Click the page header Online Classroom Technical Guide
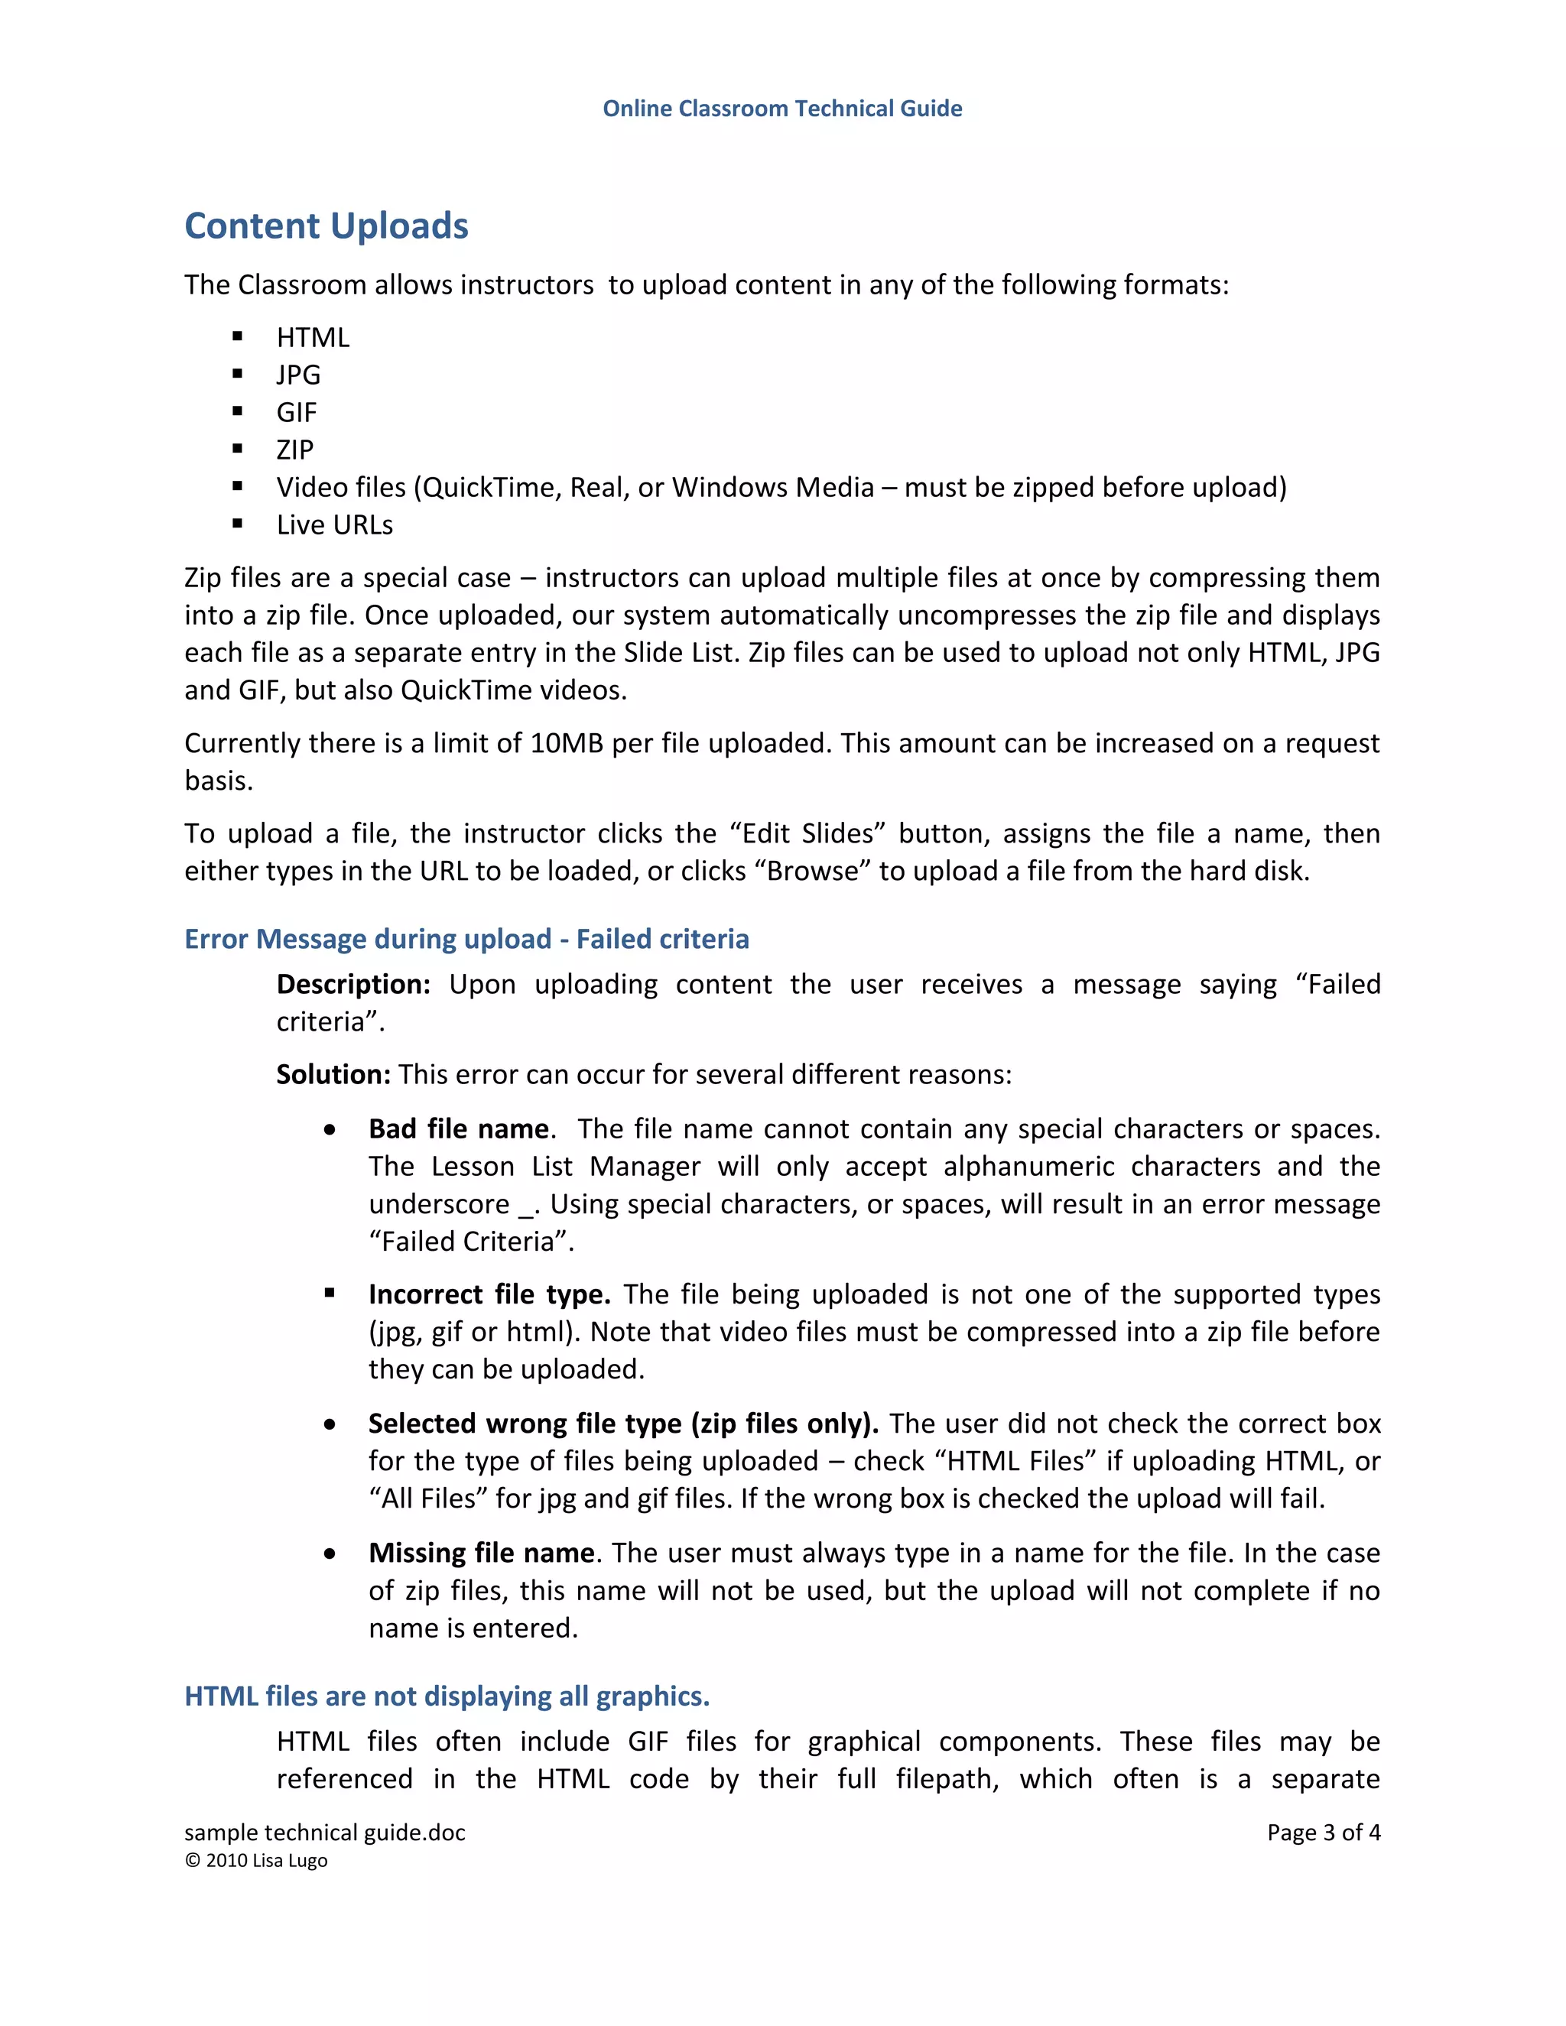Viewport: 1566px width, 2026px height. pos(782,109)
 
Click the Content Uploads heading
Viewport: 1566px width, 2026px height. pos(327,226)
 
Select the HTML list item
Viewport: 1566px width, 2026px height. pos(313,338)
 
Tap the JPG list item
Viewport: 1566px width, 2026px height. pos(297,375)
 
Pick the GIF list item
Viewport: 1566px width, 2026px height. pos(296,412)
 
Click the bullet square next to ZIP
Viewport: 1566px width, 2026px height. pos(238,449)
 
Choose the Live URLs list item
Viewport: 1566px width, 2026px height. pos(334,525)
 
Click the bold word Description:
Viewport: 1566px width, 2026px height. pos(353,984)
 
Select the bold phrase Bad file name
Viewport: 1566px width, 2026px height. pos(458,1129)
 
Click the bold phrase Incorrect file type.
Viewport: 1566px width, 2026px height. pos(488,1294)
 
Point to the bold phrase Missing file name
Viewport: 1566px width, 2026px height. pos(480,1553)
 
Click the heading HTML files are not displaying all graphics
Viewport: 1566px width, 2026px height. pos(447,1696)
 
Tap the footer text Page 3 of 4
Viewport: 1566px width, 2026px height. pos(1323,1832)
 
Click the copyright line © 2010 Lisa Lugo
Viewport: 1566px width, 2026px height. pos(256,1861)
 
